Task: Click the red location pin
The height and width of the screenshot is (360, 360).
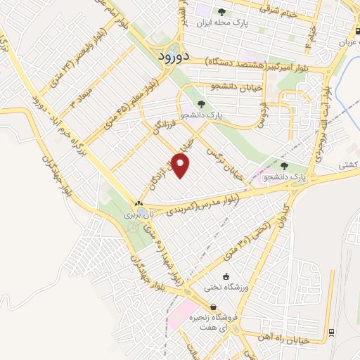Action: click(181, 166)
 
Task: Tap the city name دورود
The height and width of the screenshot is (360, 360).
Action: click(171, 54)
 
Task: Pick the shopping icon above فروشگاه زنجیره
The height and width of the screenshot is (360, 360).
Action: click(212, 306)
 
